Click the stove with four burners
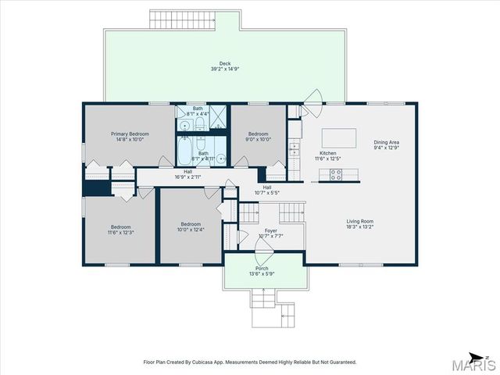coord(337,176)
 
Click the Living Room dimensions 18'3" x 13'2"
coord(360,227)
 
